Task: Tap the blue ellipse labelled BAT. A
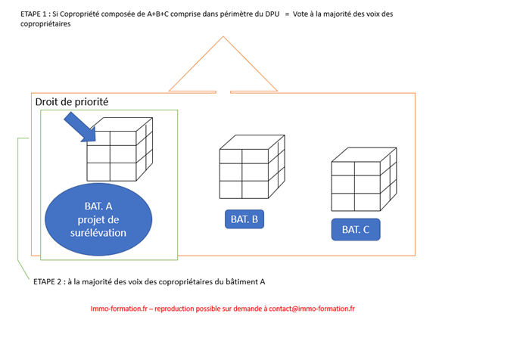click(98, 219)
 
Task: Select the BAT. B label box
click(244, 219)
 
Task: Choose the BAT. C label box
click(356, 229)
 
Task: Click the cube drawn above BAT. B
click(252, 166)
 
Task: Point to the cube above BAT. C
click(364, 179)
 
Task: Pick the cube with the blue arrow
click(120, 149)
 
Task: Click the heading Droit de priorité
click(72, 102)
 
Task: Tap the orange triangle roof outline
click(223, 64)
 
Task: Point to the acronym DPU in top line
click(272, 14)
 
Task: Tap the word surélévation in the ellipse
click(98, 233)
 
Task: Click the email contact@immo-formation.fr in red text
click(312, 309)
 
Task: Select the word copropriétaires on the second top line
click(45, 24)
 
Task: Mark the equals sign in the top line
click(287, 14)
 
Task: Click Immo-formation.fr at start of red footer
click(119, 309)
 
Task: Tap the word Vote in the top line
click(300, 14)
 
